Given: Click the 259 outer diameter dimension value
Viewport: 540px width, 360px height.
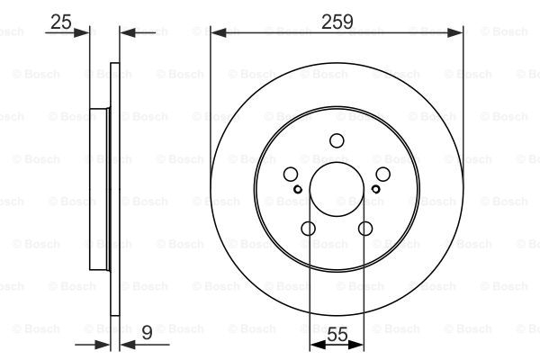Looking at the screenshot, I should coord(337,20).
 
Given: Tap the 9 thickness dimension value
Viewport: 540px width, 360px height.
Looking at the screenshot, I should coord(146,334).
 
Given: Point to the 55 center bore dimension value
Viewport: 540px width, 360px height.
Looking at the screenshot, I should coord(337,334).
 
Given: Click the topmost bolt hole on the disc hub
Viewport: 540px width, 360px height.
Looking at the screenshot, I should coord(337,140).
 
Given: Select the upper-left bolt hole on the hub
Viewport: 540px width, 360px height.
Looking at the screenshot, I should coord(290,175).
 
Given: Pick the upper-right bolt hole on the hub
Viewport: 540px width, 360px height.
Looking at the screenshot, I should coord(383,175).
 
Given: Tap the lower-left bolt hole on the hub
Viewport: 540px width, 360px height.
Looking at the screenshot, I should coord(308,229).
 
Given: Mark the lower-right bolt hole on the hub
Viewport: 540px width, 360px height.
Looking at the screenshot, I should coord(365,229).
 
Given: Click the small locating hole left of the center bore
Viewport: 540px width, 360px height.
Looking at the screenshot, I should coord(298,189).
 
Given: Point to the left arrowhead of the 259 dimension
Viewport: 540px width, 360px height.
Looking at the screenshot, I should coord(216,32).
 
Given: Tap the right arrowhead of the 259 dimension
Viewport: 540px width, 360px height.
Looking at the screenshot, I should coord(459,32).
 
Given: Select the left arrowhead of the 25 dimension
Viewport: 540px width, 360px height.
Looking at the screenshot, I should coord(85,32).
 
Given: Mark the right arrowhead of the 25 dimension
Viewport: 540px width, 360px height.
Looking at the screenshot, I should coord(125,32).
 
